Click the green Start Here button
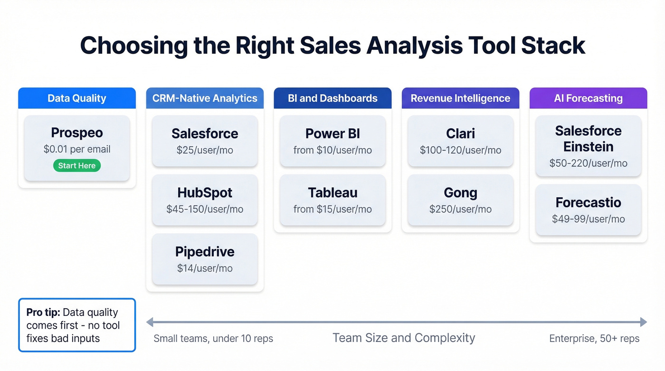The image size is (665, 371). point(76,165)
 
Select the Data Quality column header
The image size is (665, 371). point(76,98)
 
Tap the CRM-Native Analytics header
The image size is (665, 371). point(205,98)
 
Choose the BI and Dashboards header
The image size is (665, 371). point(332,98)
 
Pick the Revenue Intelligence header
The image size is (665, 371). point(460,98)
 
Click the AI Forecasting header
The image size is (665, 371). point(588,98)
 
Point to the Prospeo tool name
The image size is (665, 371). point(76,133)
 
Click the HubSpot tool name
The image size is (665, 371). point(205,193)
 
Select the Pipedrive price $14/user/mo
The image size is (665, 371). point(205,268)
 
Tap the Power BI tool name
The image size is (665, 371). point(332,134)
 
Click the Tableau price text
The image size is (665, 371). point(332,209)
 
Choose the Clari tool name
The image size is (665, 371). point(460,134)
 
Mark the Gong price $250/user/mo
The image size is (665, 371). point(460,209)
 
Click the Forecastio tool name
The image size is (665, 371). point(588,203)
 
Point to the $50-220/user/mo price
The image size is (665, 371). point(588,163)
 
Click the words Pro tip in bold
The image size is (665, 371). point(43,313)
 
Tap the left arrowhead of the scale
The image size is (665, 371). point(150,323)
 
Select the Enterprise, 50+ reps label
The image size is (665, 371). point(594,339)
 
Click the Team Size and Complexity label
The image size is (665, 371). point(403,338)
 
